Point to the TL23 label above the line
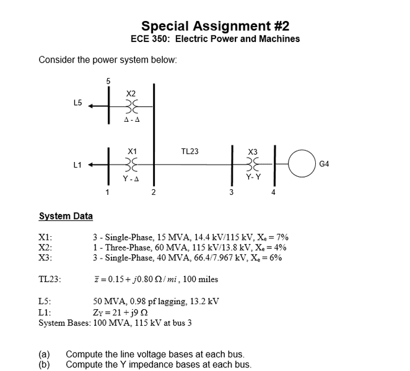[x=190, y=151]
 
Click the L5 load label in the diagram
[x=77, y=103]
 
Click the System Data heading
[x=66, y=216]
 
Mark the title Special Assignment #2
[x=215, y=26]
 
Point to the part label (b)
[x=45, y=365]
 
